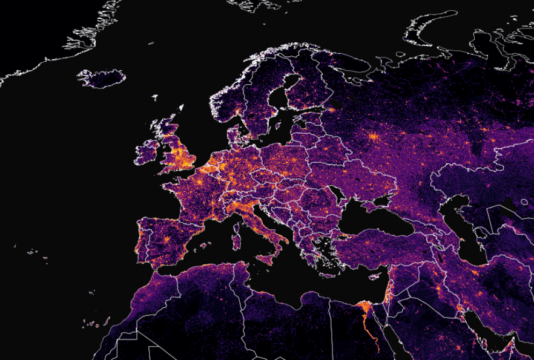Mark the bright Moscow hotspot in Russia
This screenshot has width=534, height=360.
point(374,137)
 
